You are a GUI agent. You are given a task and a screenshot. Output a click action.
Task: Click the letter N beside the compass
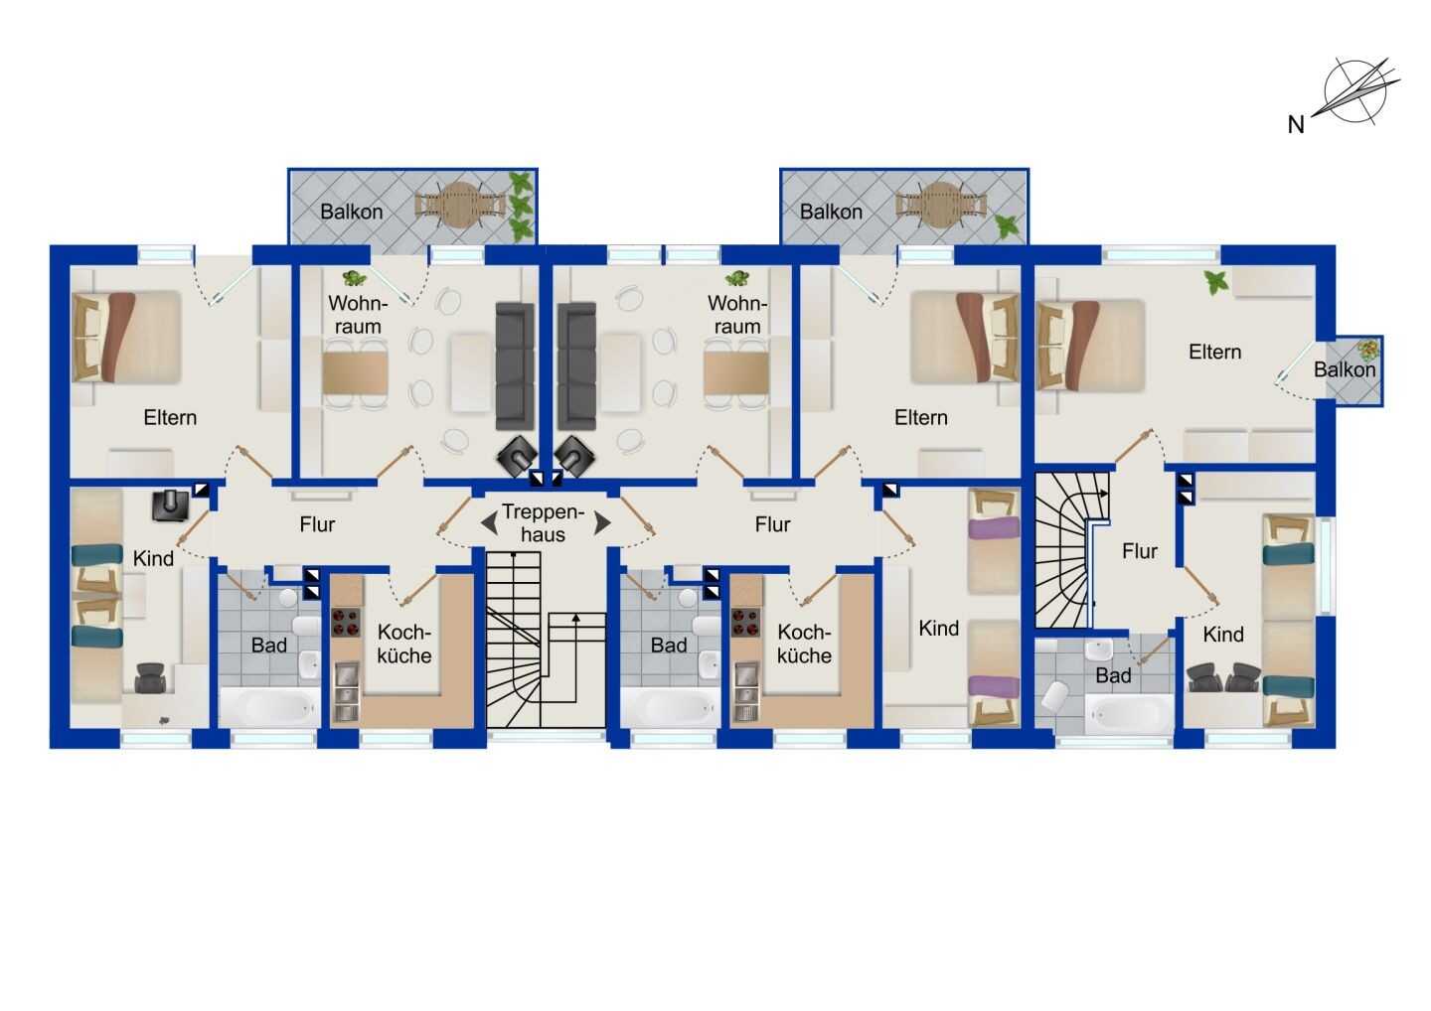pyautogui.click(x=1296, y=124)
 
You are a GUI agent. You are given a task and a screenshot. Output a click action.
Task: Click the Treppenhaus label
pyautogui.click(x=543, y=522)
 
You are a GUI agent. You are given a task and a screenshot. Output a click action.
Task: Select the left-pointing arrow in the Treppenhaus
pyautogui.click(x=489, y=523)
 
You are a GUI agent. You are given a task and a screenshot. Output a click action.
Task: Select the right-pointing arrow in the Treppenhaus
pyautogui.click(x=602, y=522)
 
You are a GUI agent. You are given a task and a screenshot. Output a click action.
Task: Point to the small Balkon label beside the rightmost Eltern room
pyautogui.click(x=1345, y=369)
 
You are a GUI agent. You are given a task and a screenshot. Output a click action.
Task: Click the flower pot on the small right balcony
pyautogui.click(x=1368, y=350)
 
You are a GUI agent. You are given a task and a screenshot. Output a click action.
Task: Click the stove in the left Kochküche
pyautogui.click(x=346, y=623)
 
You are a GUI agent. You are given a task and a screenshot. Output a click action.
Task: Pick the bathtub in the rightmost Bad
pyautogui.click(x=1129, y=715)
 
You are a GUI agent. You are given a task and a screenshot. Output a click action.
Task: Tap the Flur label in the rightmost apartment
pyautogui.click(x=1140, y=551)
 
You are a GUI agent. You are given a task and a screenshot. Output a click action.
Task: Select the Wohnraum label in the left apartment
pyautogui.click(x=358, y=315)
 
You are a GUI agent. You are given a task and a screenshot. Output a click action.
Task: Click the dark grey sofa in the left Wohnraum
pyautogui.click(x=515, y=365)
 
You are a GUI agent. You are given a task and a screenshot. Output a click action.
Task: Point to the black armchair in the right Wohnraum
pyautogui.click(x=574, y=456)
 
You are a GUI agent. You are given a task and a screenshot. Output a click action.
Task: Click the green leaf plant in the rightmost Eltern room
pyautogui.click(x=1215, y=281)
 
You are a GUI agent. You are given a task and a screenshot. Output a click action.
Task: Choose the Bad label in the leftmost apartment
pyautogui.click(x=269, y=646)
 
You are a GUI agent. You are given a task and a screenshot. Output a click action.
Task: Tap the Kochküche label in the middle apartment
pyautogui.click(x=804, y=644)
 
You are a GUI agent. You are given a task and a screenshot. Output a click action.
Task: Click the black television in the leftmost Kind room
pyautogui.click(x=171, y=505)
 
